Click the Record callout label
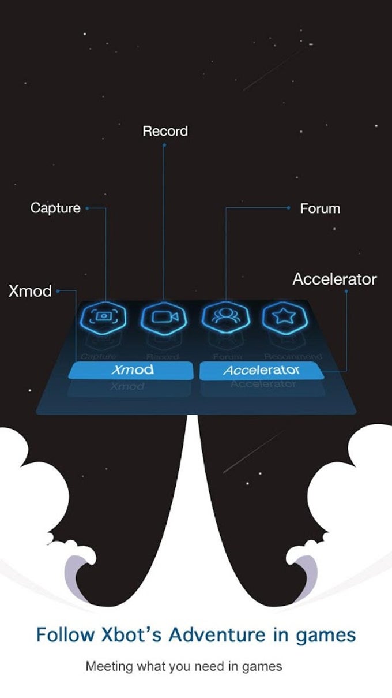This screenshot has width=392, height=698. click(x=165, y=131)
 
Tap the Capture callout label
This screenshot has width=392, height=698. click(x=55, y=208)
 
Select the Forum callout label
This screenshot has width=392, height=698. click(x=320, y=208)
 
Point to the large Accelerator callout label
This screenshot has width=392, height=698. click(x=334, y=279)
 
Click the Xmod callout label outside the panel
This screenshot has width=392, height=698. click(x=30, y=291)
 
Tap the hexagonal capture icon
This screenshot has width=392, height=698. click(x=104, y=316)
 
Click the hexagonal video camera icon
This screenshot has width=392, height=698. click(x=164, y=316)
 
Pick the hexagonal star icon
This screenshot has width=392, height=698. click(x=285, y=316)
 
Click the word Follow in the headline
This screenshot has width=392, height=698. click(x=65, y=635)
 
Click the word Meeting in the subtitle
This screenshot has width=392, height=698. click(x=109, y=666)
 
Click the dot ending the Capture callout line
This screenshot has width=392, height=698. click(x=86, y=208)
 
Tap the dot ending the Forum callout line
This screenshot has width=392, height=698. click(x=289, y=208)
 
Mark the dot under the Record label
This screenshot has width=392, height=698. click(x=164, y=145)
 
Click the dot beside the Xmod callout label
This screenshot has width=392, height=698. click(x=57, y=290)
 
